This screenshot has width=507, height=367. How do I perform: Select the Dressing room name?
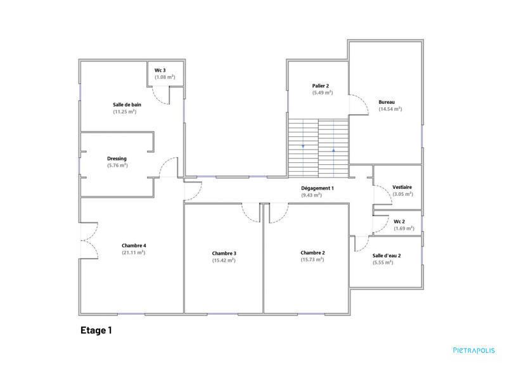click(x=117, y=158)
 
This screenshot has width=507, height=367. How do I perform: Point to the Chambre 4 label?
click(x=134, y=245)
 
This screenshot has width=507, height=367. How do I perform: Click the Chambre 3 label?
click(x=224, y=253)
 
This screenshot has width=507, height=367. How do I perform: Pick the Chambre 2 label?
click(x=312, y=252)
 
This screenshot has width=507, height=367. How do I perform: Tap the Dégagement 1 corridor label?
click(x=317, y=188)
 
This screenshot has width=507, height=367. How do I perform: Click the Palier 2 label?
click(x=320, y=86)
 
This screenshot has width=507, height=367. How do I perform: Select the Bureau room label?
click(x=387, y=102)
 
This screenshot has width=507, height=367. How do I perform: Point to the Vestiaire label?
click(x=402, y=187)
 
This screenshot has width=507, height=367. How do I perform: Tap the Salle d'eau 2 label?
click(x=386, y=255)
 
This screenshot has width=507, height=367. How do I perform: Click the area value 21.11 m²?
click(x=134, y=252)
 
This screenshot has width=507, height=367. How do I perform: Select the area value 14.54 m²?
click(x=390, y=109)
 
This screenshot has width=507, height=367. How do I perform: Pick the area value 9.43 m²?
click(x=311, y=195)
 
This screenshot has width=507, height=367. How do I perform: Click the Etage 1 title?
click(x=96, y=330)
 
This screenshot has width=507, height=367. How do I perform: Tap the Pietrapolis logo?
click(x=473, y=349)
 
